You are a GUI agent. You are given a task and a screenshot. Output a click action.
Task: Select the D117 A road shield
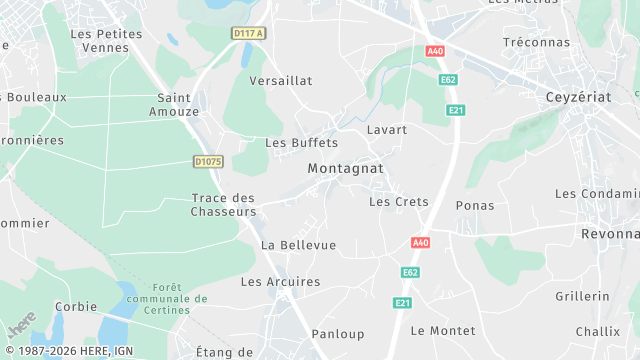[x=248, y=33]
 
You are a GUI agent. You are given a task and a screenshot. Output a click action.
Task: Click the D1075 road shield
[x=208, y=161]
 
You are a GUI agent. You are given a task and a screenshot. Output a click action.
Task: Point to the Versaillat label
[x=281, y=80]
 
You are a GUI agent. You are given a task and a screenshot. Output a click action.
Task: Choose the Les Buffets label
[x=301, y=142]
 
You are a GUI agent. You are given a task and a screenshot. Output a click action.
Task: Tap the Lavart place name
[x=387, y=130]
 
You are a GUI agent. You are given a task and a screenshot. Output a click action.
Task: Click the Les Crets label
[x=398, y=201]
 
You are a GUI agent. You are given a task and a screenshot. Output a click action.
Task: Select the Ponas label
[x=475, y=205]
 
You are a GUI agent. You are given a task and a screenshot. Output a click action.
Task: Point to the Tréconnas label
[x=536, y=42]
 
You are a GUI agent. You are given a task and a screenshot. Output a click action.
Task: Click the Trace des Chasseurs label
[x=223, y=204]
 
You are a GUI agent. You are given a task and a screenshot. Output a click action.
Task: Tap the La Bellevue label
[x=298, y=245]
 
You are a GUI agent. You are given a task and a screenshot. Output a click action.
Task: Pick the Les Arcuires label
[x=281, y=282]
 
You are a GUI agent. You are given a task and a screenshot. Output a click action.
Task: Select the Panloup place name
[x=338, y=334]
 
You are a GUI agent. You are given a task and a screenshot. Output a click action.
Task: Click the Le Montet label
[x=442, y=330]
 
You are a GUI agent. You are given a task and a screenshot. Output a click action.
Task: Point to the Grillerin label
[x=582, y=296]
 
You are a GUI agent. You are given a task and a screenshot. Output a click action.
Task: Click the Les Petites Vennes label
[x=106, y=40]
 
